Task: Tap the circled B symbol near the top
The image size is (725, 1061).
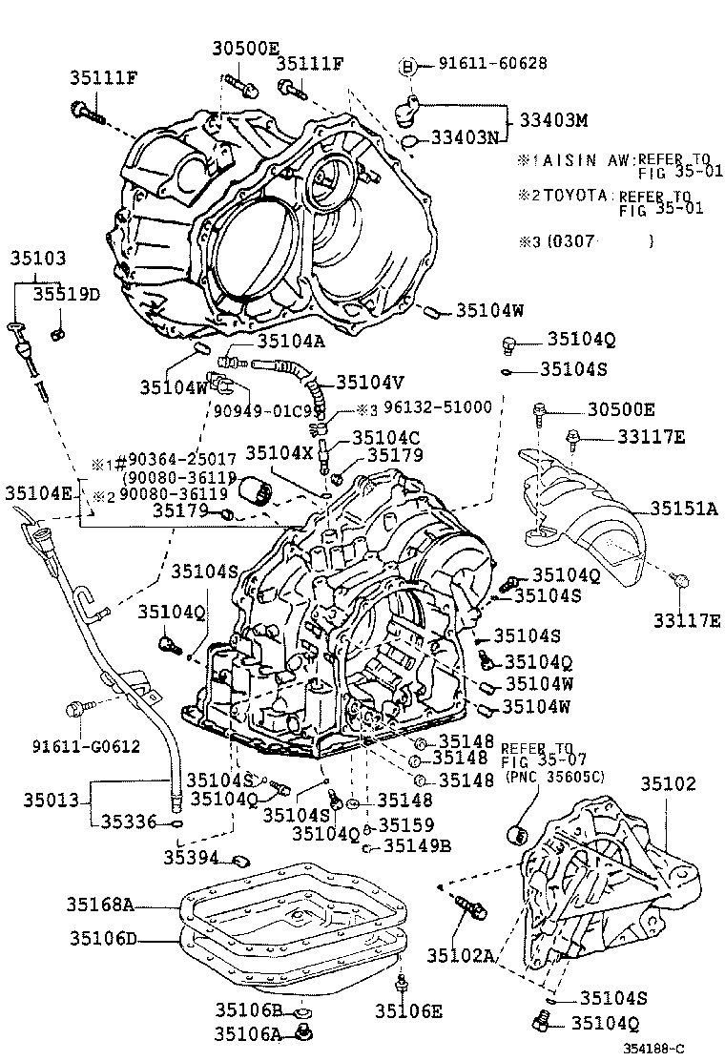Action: [x=407, y=65]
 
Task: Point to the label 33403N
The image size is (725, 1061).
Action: [x=465, y=139]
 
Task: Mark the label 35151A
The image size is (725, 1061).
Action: [x=685, y=509]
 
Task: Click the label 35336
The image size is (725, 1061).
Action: [x=132, y=821]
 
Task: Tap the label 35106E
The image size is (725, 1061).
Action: [x=408, y=1011]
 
